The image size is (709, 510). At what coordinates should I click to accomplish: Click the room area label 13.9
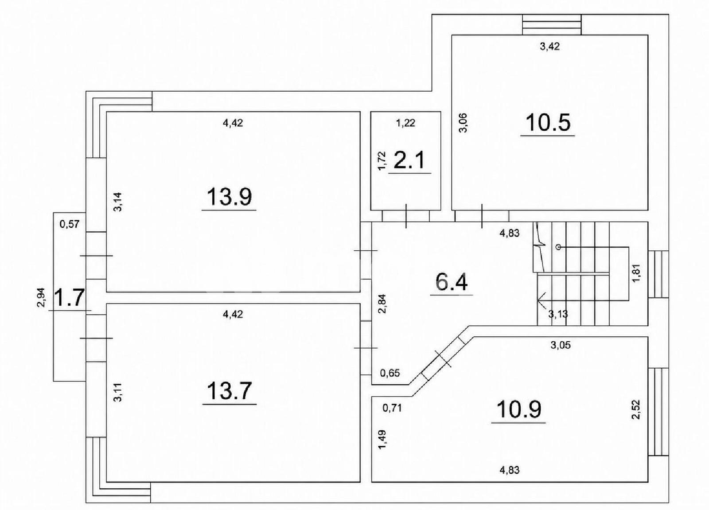pyautogui.click(x=229, y=196)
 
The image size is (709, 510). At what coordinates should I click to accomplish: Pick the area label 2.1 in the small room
pyautogui.click(x=409, y=160)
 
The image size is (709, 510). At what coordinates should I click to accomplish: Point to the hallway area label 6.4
pyautogui.click(x=452, y=282)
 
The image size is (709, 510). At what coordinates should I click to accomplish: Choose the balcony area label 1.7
pyautogui.click(x=69, y=298)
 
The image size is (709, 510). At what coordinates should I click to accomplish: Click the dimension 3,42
pyautogui.click(x=549, y=47)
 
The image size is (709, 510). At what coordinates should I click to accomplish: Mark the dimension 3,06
pyautogui.click(x=463, y=123)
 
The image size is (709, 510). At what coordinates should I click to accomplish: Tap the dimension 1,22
pyautogui.click(x=406, y=123)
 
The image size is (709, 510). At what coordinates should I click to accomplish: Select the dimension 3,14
pyautogui.click(x=118, y=202)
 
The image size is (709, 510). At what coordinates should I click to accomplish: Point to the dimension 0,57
pyautogui.click(x=69, y=225)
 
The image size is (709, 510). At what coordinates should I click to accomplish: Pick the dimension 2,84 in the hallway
pyautogui.click(x=383, y=304)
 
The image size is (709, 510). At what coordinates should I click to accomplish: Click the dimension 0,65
pyautogui.click(x=390, y=373)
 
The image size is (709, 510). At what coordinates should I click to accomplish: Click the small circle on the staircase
pyautogui.click(x=558, y=247)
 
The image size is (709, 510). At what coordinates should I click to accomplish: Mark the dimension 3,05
pyautogui.click(x=561, y=345)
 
